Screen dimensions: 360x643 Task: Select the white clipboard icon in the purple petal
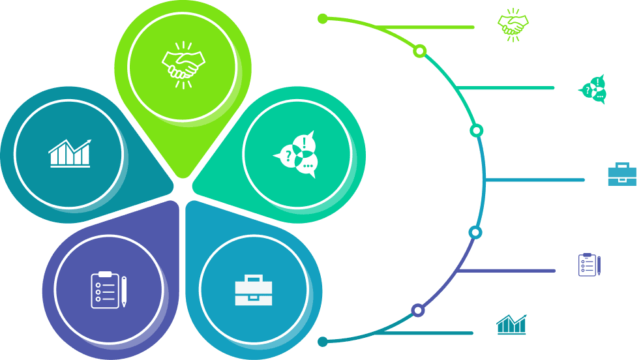tap(106, 290)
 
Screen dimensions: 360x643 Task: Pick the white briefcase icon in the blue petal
tap(253, 291)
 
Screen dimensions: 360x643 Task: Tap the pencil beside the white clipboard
tap(124, 292)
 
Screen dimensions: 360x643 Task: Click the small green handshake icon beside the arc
tap(513, 25)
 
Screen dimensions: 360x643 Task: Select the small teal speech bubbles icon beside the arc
tap(593, 89)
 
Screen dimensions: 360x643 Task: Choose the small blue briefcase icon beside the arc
tap(621, 174)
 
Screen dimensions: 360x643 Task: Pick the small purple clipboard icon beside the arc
tap(589, 264)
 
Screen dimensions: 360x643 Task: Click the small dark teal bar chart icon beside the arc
tap(512, 325)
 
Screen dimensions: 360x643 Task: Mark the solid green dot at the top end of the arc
tap(323, 18)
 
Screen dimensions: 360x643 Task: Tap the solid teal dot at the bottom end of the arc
tap(322, 342)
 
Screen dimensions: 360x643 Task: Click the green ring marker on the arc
tap(420, 51)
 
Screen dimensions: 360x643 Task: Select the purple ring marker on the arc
tap(418, 310)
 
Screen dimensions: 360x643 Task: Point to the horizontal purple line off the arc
tap(505, 270)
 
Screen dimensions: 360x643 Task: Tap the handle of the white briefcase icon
tap(253, 278)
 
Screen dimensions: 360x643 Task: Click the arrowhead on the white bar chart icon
tap(88, 142)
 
